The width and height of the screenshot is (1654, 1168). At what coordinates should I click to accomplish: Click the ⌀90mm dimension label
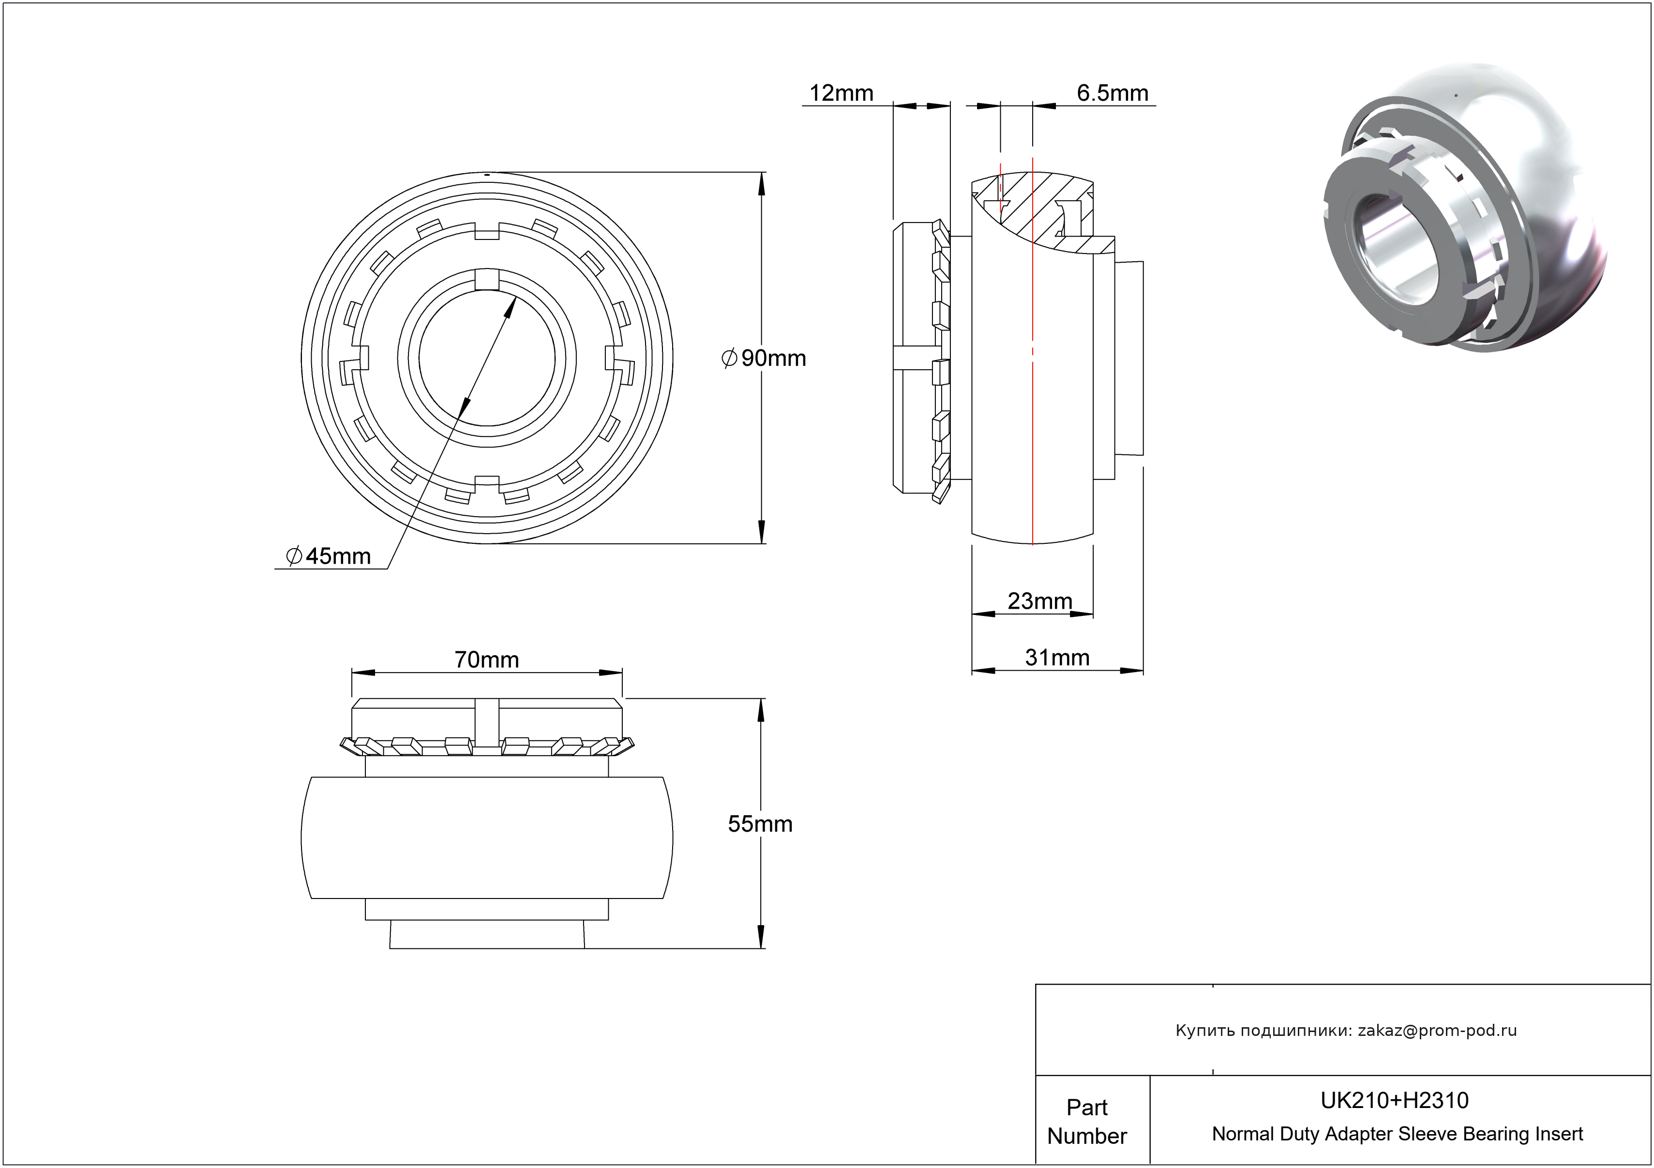tap(764, 358)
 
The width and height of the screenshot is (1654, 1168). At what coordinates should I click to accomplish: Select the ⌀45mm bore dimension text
tap(329, 556)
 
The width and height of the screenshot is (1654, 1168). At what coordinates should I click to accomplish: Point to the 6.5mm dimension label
tap(1112, 93)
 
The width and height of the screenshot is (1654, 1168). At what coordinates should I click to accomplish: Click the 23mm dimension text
tap(1039, 600)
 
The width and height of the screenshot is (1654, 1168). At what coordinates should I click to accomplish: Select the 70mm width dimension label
tap(486, 659)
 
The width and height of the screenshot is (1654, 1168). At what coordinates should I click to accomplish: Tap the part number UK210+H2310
tap(1394, 1100)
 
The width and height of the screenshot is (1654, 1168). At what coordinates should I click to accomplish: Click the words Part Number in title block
tap(1086, 1121)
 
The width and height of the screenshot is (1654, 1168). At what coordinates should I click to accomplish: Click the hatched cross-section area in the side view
tap(1023, 209)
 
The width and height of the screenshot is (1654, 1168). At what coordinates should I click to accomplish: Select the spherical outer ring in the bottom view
tap(486, 838)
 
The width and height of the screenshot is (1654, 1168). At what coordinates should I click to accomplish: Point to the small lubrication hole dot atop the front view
tap(487, 174)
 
